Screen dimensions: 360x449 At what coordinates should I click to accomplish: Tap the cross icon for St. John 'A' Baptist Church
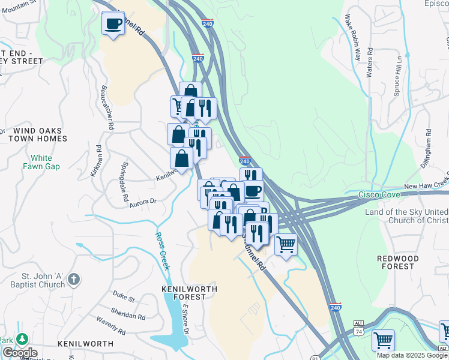point(73,279)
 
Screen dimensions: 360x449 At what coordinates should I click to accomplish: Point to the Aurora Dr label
point(143,203)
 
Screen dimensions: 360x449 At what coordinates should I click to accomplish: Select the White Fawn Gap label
point(41,163)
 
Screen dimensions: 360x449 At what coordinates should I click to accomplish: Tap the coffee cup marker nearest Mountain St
point(113,23)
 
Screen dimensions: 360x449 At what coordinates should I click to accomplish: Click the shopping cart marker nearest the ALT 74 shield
point(383,340)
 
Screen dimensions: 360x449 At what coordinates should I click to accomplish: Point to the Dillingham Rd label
point(427,144)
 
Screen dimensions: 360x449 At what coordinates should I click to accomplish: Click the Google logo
point(19,353)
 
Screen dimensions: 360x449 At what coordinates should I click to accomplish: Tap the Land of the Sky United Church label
point(407,217)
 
